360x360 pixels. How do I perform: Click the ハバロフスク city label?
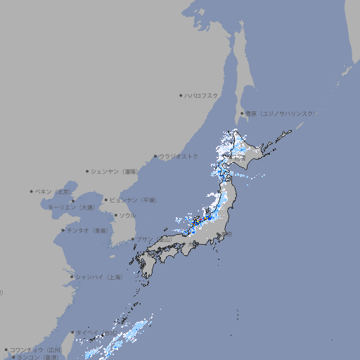[202, 96]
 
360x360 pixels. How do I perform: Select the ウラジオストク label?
[179, 156]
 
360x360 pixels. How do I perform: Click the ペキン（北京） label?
[53, 191]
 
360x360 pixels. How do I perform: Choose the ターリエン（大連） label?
[71, 207]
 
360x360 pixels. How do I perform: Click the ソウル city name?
[127, 215]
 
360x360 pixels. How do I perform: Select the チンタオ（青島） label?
[86, 231]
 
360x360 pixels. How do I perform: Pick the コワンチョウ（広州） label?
[36, 349]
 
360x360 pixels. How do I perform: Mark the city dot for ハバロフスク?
[181, 96]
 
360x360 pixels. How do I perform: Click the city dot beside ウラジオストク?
[155, 156]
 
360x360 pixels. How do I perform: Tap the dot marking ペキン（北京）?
[32, 191]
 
